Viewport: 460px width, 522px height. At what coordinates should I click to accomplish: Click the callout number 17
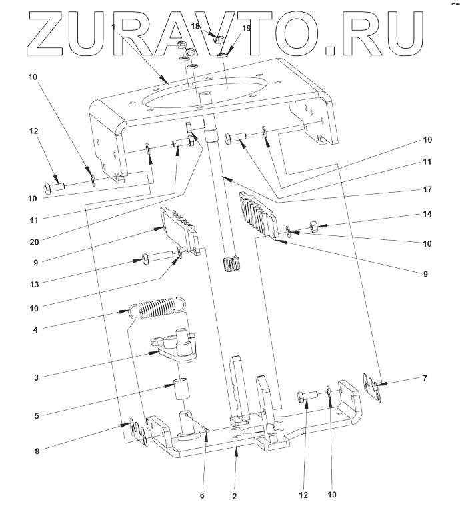tap(427, 190)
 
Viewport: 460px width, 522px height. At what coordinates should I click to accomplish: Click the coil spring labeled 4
tap(159, 308)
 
